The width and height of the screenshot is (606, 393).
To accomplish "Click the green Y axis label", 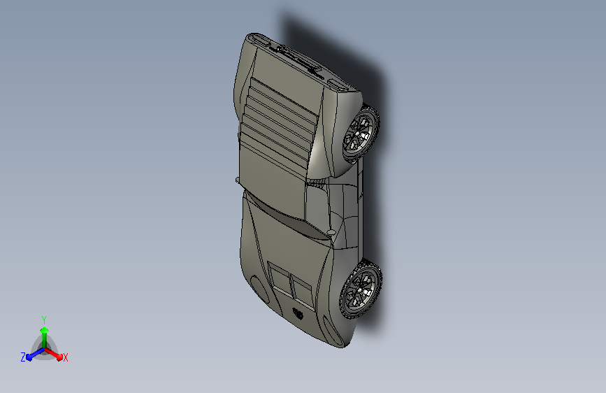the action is [x=44, y=320].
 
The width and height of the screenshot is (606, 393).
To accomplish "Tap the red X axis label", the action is [x=66, y=357].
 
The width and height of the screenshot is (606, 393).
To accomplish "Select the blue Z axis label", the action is [x=23, y=357].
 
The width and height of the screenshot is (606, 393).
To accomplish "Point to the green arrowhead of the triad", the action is [x=45, y=330].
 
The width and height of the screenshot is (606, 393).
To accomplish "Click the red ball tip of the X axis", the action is [x=59, y=357].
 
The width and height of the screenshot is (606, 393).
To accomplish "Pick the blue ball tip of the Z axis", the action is [x=30, y=357].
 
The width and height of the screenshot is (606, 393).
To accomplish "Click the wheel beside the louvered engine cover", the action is [x=361, y=133].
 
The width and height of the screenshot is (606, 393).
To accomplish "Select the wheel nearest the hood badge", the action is [x=360, y=290].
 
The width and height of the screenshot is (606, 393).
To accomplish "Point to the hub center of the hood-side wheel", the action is [x=360, y=290].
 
